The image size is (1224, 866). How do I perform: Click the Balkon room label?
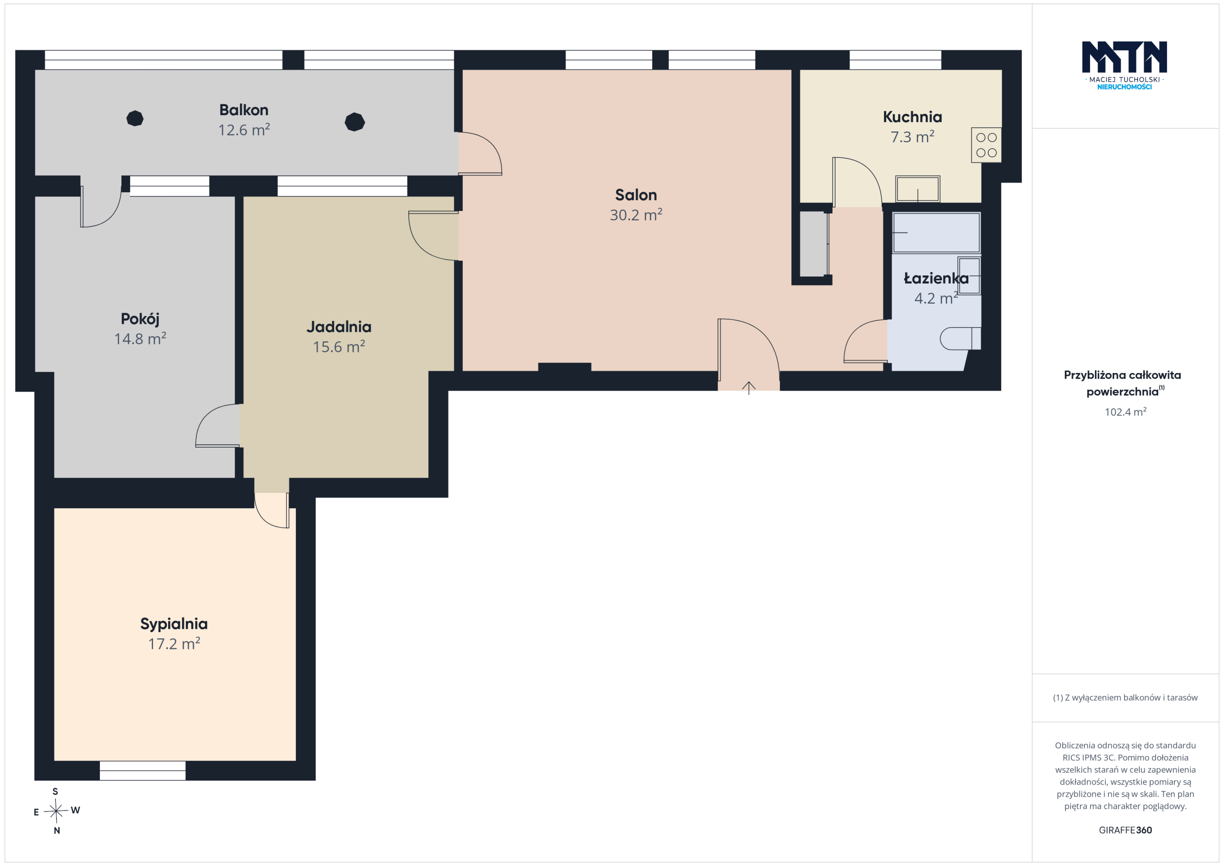[x=244, y=110]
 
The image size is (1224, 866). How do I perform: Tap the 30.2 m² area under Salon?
[x=636, y=215]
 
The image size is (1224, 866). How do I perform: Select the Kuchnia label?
[x=912, y=117]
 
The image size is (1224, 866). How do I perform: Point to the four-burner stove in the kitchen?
[x=986, y=145]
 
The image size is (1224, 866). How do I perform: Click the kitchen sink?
[x=918, y=189]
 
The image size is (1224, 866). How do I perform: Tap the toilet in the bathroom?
[x=960, y=338]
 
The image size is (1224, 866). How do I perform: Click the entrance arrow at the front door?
[x=748, y=388]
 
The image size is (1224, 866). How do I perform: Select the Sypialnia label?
[x=174, y=624]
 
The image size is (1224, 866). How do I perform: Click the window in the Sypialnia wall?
[x=142, y=770]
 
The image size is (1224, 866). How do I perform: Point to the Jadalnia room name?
[x=339, y=327]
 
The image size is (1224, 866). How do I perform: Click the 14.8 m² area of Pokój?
[x=140, y=339]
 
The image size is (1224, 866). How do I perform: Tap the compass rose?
[x=56, y=811]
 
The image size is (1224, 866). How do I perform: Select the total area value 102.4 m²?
[x=1126, y=412]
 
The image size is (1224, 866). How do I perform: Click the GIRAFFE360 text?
[x=1126, y=830]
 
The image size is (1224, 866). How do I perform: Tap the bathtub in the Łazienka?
[x=936, y=232]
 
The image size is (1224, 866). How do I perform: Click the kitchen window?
[x=895, y=60]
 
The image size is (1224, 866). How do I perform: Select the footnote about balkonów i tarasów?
[x=1125, y=698]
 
